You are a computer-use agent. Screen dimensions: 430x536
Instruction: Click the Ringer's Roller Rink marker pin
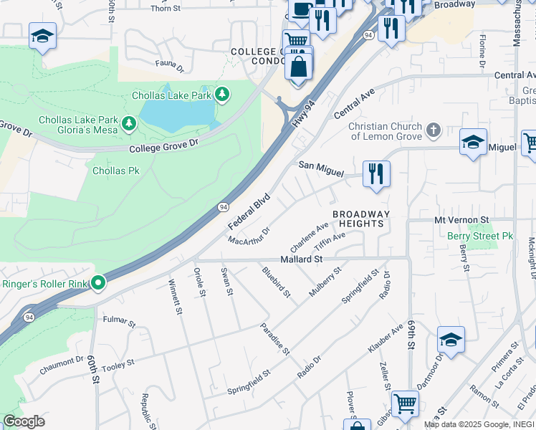coord(97,284)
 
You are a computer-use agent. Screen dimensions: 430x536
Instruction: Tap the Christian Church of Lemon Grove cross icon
coord(433,130)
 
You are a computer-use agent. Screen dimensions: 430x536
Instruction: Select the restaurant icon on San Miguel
coord(376,174)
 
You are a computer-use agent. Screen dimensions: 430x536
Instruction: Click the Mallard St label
coord(302,258)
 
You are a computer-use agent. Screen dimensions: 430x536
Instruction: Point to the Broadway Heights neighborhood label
coord(361,219)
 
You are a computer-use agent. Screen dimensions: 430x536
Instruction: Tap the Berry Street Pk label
coord(480,236)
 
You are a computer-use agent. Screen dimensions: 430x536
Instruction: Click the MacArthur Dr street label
coord(249,236)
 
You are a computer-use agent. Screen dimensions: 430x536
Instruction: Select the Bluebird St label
coord(276,282)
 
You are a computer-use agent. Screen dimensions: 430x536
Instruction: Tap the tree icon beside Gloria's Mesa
coord(129,124)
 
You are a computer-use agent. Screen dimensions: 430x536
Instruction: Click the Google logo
coord(24,421)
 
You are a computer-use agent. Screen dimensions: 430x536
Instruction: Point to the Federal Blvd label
coord(249,211)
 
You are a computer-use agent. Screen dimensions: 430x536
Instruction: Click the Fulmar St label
coord(119,320)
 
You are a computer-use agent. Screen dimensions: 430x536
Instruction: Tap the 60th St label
coord(94,368)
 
